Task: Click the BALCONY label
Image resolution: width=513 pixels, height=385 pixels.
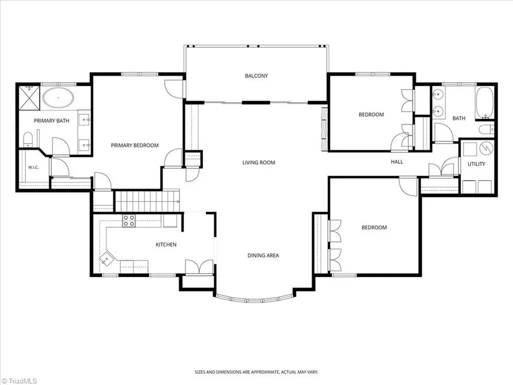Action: [x=256, y=76]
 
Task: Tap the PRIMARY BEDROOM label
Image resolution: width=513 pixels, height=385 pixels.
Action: [x=135, y=145]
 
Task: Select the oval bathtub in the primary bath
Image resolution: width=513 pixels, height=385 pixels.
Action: [x=58, y=97]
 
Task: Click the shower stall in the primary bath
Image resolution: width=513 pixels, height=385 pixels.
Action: [x=29, y=98]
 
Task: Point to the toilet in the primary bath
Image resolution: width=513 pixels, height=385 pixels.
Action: [x=28, y=139]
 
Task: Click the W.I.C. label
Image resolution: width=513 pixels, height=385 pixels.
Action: [x=33, y=167]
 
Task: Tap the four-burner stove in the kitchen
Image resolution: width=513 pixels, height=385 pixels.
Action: [x=129, y=221]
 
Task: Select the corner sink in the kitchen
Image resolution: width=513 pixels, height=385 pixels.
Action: [x=107, y=258]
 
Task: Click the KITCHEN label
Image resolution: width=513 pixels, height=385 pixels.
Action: [x=166, y=244]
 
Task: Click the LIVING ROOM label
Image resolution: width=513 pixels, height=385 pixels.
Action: [x=259, y=162]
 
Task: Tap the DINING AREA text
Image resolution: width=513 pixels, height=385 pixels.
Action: [x=263, y=255]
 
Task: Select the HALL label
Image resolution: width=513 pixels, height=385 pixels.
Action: [x=397, y=162]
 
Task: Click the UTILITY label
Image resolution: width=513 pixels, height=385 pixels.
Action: [x=476, y=164]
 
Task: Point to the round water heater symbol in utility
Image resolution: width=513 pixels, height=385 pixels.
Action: [x=486, y=148]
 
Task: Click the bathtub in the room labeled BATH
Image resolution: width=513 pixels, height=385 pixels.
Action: [x=485, y=103]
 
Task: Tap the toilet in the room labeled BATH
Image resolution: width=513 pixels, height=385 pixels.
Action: [x=486, y=129]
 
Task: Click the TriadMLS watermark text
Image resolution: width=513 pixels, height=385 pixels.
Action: [x=19, y=381]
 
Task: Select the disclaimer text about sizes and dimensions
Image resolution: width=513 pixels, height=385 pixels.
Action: [x=256, y=372]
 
